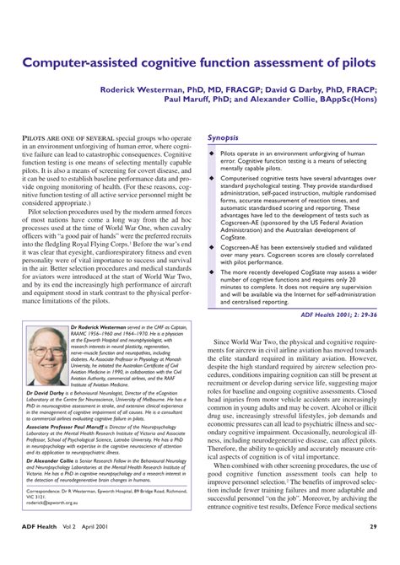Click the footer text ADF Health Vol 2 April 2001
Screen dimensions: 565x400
coord(67,551)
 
